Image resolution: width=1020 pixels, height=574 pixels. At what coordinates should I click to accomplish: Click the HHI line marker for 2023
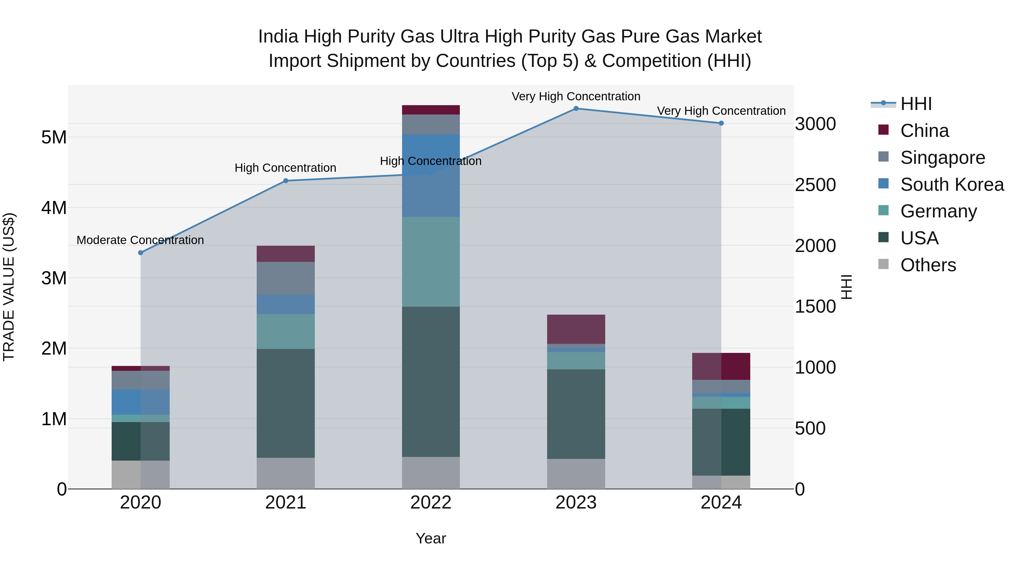tap(576, 109)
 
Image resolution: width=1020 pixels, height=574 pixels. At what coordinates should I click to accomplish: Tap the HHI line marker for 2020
tap(141, 253)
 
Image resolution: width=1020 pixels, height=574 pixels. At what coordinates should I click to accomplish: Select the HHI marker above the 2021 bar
tap(286, 181)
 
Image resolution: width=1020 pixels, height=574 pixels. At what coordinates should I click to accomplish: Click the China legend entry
tap(924, 131)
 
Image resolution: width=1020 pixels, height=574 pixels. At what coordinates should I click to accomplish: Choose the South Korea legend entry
tap(952, 185)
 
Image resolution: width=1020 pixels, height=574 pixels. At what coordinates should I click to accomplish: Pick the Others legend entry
tap(928, 265)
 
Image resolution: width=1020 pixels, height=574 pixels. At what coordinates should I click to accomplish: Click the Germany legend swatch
tap(883, 211)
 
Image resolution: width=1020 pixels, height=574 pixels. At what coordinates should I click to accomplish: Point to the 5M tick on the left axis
tap(54, 137)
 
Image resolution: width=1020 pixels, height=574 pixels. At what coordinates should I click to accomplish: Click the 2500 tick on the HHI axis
tap(815, 185)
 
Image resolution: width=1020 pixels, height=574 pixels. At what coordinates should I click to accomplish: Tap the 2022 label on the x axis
tap(431, 503)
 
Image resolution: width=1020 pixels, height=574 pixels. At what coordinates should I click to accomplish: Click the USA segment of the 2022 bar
tap(431, 382)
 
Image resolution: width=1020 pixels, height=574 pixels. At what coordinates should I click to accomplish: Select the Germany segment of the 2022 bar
tap(431, 261)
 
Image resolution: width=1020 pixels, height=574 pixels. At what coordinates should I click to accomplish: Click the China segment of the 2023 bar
tap(576, 329)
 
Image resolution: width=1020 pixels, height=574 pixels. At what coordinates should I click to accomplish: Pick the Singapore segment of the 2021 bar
tap(286, 278)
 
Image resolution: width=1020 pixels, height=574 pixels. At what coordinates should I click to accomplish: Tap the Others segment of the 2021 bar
tap(286, 473)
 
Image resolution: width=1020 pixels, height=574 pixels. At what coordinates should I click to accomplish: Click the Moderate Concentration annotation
tap(140, 240)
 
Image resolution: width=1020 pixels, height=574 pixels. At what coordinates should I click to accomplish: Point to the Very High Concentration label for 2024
tap(721, 111)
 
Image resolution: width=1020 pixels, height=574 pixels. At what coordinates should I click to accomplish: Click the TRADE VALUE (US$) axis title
tap(9, 287)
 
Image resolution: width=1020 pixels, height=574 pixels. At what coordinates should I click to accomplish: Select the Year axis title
tap(431, 538)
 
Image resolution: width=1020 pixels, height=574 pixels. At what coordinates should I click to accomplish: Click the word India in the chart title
tap(278, 37)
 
